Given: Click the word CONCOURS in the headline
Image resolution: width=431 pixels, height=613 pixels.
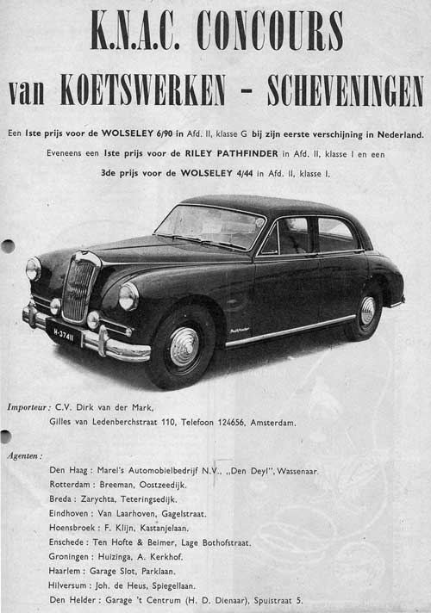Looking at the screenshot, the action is [269, 32].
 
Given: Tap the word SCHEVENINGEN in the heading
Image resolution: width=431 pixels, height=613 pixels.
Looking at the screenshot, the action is [345, 90].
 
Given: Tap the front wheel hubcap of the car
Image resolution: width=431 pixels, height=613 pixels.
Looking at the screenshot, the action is [184, 347].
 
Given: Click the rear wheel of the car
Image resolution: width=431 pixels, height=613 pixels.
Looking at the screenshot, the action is [365, 312].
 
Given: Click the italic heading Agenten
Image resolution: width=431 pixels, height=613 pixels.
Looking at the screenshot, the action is [25, 455].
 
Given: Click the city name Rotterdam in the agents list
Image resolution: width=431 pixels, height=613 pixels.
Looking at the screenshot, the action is [71, 485].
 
